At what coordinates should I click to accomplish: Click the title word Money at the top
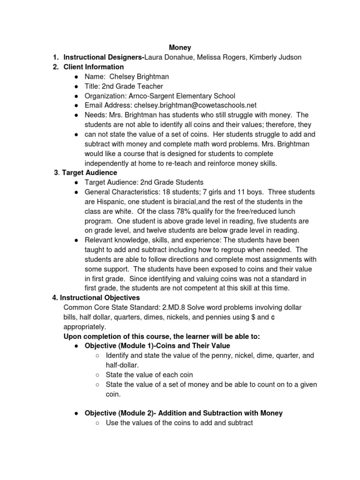coord(180,47)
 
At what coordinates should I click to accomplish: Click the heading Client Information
coord(94,67)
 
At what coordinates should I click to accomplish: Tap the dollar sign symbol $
coord(253,317)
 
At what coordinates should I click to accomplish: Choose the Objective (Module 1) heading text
coord(157,346)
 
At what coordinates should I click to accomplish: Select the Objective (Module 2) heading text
coord(183,413)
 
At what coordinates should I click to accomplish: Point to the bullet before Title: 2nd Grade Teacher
coord(76,86)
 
